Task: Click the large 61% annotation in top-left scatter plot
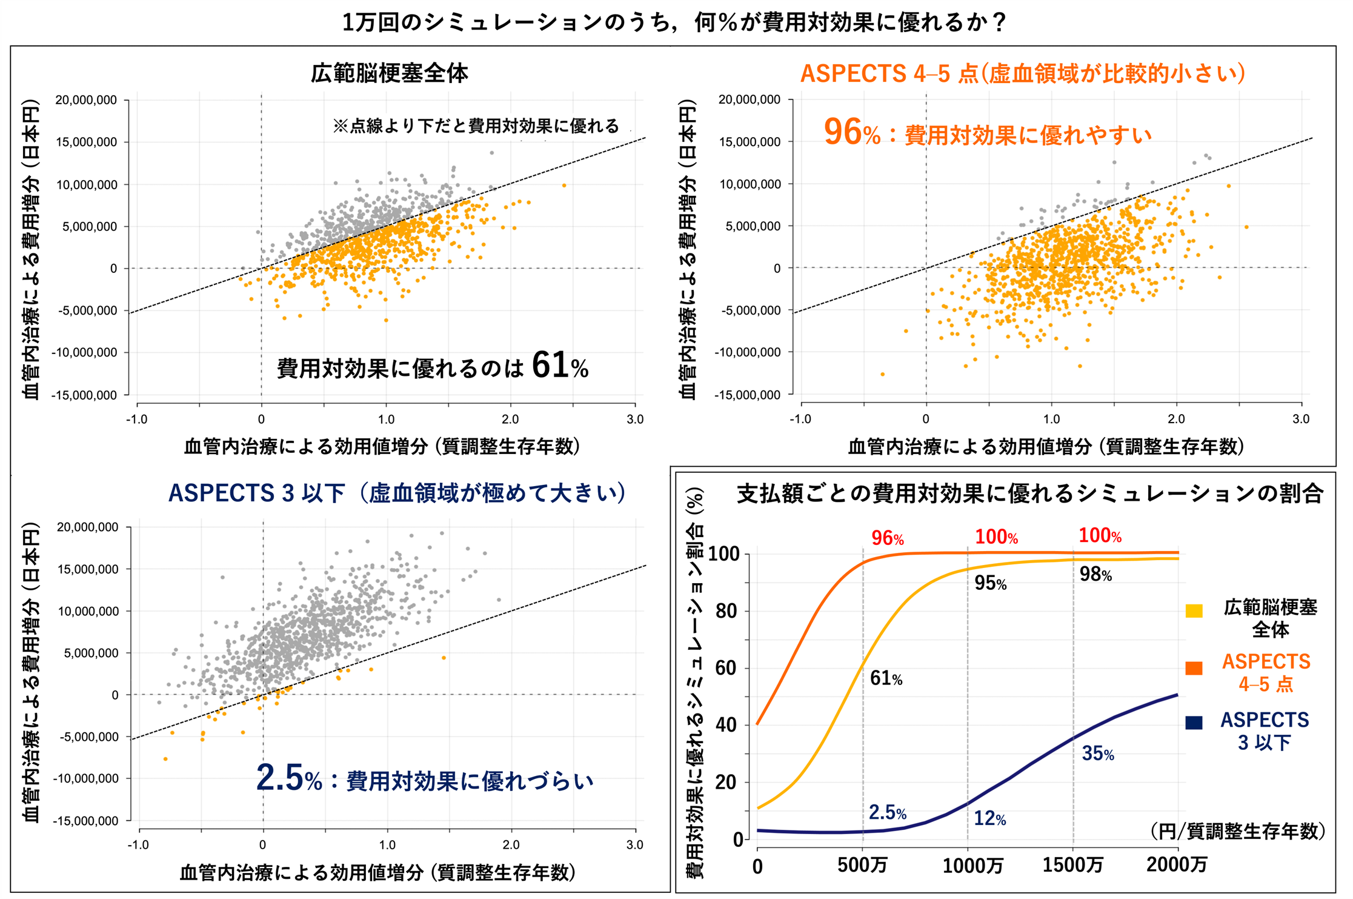point(559,366)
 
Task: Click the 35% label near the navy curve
point(1098,754)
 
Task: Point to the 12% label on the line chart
point(989,818)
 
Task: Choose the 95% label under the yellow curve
point(990,583)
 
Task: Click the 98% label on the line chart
point(1095,574)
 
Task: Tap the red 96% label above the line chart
point(887,538)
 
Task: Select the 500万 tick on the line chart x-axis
point(862,865)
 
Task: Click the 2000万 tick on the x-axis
point(1176,865)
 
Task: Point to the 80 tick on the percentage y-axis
point(726,611)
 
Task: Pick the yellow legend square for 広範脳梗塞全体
point(1194,611)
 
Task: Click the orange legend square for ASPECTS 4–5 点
point(1194,669)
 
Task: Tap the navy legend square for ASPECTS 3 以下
point(1194,723)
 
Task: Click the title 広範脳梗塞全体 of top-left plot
point(389,73)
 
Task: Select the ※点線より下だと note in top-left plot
point(476,126)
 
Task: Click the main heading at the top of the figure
point(674,22)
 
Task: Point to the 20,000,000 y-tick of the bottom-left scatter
point(88,527)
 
